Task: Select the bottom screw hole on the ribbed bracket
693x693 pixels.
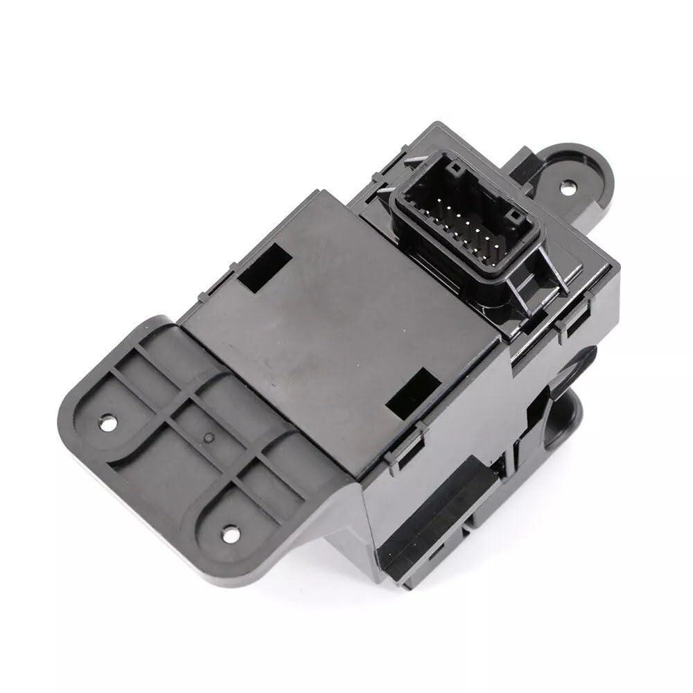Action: coord(225,533)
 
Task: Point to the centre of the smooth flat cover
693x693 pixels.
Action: coord(333,333)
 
